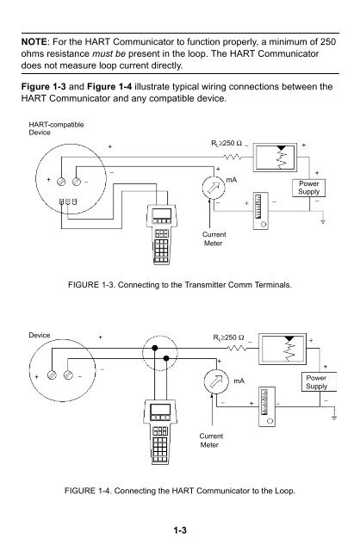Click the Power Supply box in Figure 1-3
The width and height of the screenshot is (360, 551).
tap(308, 188)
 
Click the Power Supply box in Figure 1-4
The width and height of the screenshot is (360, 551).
tap(319, 382)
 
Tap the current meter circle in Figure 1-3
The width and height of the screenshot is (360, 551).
tap(214, 187)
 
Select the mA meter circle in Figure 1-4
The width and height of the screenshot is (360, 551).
tap(216, 381)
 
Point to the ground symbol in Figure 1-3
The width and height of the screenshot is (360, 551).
tap(322, 221)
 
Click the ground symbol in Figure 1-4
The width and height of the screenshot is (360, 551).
tap(334, 418)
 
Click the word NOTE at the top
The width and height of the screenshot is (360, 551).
tap(34, 42)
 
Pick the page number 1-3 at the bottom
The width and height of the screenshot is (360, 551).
tap(180, 530)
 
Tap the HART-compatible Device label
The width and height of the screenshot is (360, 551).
tap(56, 128)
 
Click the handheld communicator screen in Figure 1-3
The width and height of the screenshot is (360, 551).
tap(162, 214)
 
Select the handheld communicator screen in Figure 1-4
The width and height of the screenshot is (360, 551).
tap(160, 410)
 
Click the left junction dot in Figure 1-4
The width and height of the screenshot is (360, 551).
tap(154, 348)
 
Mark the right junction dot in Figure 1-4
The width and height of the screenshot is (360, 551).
tap(166, 358)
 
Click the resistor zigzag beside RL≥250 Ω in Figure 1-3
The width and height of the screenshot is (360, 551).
tap(233, 157)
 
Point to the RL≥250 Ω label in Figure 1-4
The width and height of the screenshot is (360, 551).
tap(228, 337)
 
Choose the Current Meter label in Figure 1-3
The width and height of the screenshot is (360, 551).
tap(214, 239)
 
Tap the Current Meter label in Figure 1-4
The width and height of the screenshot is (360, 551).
tap(211, 440)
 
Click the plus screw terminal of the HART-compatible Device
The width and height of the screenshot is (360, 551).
tap(61, 182)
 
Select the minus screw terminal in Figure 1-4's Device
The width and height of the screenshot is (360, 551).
tap(69, 375)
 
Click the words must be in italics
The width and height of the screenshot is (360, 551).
tap(109, 53)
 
